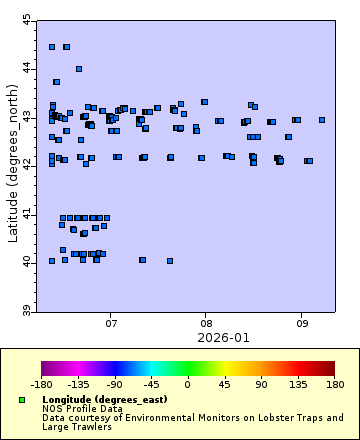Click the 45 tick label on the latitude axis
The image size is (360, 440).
pos(27,19)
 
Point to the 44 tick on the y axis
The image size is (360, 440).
pos(27,68)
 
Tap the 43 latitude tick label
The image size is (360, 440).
pos(27,116)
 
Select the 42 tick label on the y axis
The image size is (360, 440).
pos(27,165)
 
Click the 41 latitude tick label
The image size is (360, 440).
pos(27,214)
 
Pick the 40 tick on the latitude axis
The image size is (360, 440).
pos(27,262)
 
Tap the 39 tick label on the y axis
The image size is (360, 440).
pos(27,311)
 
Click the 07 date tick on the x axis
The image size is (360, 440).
pos(110,323)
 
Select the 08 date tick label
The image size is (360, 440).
pos(205,323)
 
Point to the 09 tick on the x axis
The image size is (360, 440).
pos(301,323)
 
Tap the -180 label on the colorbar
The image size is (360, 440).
pos(41,383)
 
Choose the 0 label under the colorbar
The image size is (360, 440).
pos(187,383)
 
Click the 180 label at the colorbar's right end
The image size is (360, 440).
pos(334,383)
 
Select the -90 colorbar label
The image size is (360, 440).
pos(114,383)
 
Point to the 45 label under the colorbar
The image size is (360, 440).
pos(224,383)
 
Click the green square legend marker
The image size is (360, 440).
pos(22,400)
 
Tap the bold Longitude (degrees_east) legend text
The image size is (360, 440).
pos(104,400)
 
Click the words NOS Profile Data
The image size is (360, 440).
pos(82,409)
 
